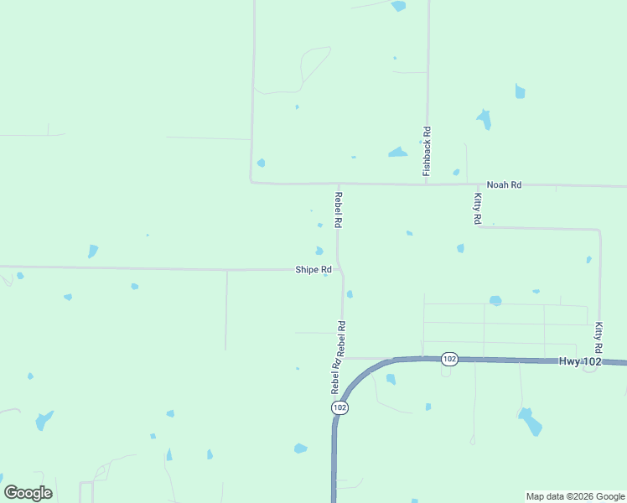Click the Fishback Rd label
427,150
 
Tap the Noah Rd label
504,184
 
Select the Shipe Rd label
313,270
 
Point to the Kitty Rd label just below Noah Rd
477,208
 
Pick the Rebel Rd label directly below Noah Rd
339,210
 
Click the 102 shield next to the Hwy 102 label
449,359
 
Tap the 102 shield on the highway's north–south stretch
339,407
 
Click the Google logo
28,493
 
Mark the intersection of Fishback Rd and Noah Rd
427,184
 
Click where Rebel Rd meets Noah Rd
339,183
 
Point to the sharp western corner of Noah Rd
251,181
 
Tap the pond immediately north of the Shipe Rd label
319,251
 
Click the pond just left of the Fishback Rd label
397,153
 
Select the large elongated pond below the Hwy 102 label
530,421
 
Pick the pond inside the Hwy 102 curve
391,380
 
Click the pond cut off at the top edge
398,6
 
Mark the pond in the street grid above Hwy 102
495,300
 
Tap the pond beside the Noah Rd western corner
261,163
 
